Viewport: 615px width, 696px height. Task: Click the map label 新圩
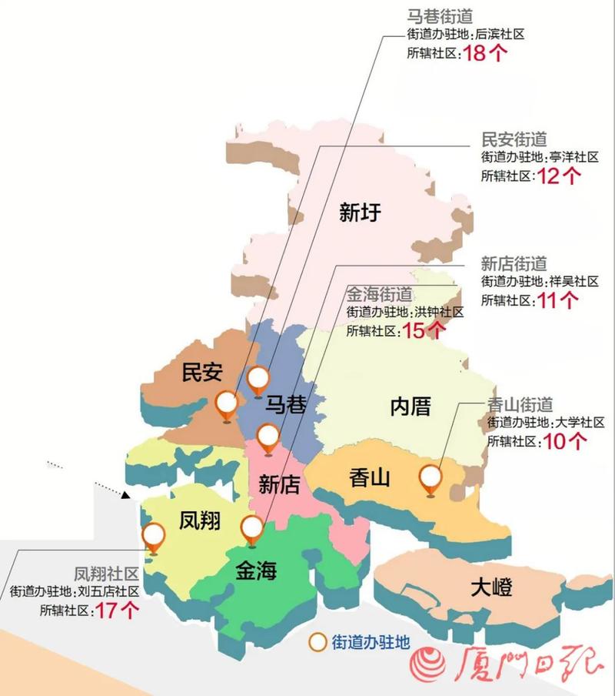click(360, 212)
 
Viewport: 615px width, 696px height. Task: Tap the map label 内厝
click(411, 406)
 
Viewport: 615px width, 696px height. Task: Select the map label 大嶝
click(491, 589)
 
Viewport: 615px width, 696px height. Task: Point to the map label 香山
click(370, 478)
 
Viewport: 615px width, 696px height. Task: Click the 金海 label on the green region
click(256, 571)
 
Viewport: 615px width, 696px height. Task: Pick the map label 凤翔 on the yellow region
click(200, 521)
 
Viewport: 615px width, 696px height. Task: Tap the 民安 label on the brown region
click(202, 373)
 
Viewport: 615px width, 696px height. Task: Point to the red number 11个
click(558, 300)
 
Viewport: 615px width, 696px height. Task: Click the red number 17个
click(118, 611)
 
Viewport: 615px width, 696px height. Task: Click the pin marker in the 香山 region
click(430, 480)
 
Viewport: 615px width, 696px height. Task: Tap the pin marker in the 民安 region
click(227, 404)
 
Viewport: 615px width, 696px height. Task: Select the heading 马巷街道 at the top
click(440, 15)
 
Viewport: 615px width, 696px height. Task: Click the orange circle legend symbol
click(317, 642)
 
